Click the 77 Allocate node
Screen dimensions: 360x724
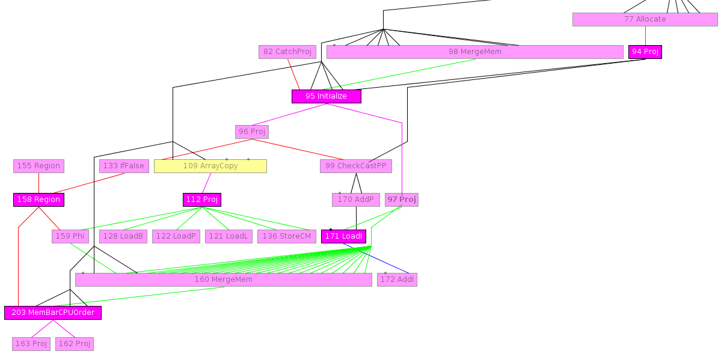click(x=645, y=19)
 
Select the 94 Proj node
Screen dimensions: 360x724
click(x=645, y=52)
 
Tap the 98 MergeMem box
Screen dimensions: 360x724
click(x=474, y=52)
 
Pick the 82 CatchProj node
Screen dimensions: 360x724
click(x=287, y=52)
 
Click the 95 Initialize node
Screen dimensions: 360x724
click(x=326, y=96)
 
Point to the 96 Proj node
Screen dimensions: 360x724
click(x=251, y=132)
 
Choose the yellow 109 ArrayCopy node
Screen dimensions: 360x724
click(x=210, y=166)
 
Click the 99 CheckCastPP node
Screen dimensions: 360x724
click(x=355, y=166)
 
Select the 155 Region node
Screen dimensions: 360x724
click(x=38, y=166)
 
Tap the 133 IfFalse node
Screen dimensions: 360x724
click(x=124, y=166)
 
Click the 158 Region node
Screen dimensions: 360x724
click(x=38, y=200)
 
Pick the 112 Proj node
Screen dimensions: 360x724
click(x=201, y=200)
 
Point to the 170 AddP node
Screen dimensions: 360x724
click(x=355, y=200)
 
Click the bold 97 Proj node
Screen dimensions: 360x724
click(x=401, y=200)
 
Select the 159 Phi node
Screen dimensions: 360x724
click(x=70, y=236)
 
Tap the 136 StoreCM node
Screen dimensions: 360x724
click(x=286, y=236)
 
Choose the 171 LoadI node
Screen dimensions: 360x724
click(x=343, y=236)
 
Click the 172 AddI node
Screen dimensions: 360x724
click(x=397, y=279)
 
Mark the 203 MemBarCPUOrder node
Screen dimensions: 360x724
click(x=53, y=313)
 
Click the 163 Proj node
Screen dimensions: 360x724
click(x=31, y=344)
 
